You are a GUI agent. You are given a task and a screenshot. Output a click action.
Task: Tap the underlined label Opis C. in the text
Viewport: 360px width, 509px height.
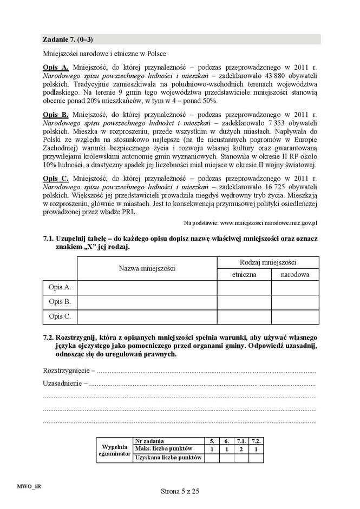coord(55,179)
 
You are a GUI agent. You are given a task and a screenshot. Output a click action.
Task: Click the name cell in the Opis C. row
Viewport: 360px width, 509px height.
coord(147,316)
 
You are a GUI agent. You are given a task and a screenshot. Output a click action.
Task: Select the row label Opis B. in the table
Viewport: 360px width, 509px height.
coord(60,302)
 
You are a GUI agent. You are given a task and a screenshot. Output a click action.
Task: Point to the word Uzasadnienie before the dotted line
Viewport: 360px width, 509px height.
coord(62,384)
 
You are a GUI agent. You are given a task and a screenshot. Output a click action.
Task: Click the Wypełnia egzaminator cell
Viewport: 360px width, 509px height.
coord(115,450)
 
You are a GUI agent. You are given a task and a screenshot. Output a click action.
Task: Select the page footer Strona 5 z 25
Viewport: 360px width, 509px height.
coord(180,491)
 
